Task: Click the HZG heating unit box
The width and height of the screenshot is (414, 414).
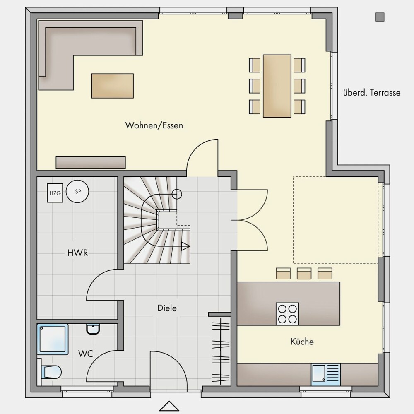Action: [55, 193]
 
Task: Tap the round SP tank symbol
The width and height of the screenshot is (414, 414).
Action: [77, 191]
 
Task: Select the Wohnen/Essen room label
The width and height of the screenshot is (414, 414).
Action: [154, 125]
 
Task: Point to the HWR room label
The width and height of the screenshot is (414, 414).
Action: [78, 253]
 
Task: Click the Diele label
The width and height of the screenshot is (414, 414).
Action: [167, 308]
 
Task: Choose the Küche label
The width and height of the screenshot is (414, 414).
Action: [302, 342]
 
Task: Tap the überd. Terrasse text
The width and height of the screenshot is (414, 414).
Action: [372, 93]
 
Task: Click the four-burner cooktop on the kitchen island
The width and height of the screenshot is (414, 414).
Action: [288, 314]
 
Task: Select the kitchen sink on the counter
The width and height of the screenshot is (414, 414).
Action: [326, 373]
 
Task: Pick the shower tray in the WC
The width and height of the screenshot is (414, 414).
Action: [53, 339]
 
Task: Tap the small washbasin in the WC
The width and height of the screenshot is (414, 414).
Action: [93, 329]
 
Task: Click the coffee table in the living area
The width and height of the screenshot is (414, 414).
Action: [113, 86]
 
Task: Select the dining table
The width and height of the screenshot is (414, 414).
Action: [277, 86]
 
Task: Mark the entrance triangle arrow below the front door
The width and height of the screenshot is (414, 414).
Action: [169, 407]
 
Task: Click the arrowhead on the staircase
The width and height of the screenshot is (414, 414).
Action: [186, 246]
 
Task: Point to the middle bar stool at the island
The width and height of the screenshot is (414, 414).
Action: [304, 273]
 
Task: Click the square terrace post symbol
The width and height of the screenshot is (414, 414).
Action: [380, 17]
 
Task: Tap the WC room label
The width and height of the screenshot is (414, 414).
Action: [86, 354]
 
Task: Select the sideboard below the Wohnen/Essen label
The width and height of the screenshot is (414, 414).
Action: [91, 163]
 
